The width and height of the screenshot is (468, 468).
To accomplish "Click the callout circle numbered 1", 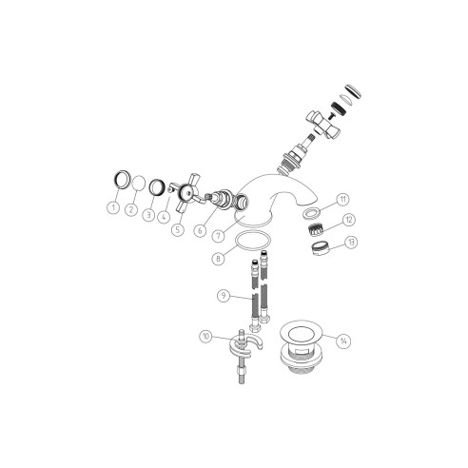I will [x=113, y=205].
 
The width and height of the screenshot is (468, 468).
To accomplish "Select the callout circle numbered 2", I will [x=133, y=208].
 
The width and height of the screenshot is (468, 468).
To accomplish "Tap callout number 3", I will [x=149, y=215].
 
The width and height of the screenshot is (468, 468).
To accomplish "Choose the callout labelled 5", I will [x=177, y=228].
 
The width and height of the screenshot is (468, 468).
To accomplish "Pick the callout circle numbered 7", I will [x=219, y=234].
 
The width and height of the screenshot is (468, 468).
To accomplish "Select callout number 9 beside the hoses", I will [x=224, y=297].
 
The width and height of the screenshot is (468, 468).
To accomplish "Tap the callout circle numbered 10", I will [x=206, y=335].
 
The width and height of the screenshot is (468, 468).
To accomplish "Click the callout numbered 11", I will [x=343, y=199].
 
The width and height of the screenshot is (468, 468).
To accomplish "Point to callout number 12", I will [x=349, y=220].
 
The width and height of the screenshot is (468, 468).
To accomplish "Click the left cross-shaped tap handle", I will [x=187, y=195].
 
